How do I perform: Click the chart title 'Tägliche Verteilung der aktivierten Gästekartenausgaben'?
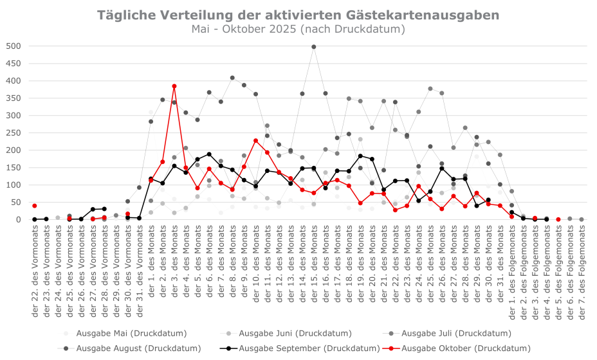pos(298,15)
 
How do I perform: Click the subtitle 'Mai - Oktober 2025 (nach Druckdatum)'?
pos(298,29)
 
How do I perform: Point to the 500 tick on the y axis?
pos(14,46)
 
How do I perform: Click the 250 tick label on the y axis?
pos(14,133)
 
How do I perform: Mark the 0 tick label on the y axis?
pos(19,220)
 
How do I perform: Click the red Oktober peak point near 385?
pos(174,86)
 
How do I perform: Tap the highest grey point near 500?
pos(314,46)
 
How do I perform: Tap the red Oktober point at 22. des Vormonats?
pos(35,206)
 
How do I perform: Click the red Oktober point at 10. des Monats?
pos(255,141)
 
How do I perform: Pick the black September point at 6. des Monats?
pos(209,154)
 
